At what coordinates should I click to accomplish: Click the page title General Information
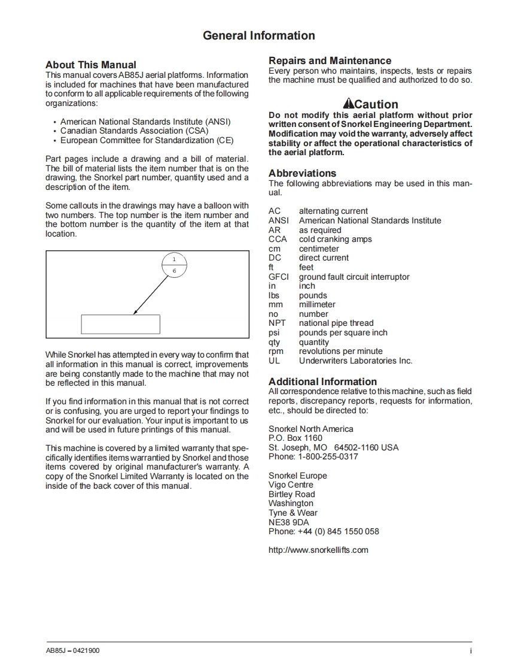pos(258,36)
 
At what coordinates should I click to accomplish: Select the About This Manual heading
pos(91,65)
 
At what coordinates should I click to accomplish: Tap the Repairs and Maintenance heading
pos(330,60)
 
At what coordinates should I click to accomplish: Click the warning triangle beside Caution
pos(348,104)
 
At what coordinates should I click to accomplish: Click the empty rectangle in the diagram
pos(120,324)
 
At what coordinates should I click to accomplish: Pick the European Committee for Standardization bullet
pos(147,140)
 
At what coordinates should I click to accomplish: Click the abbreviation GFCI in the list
pos(278,277)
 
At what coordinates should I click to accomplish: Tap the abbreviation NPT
pos(277,323)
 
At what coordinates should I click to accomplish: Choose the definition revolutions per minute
pos(340,352)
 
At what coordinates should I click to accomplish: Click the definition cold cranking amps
pos(335,240)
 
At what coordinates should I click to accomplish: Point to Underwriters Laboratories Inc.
pos(355,361)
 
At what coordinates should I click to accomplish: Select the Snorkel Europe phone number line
pos(324,531)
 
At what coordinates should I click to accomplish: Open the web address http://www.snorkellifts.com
pos(318,550)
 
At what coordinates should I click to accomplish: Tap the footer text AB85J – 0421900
pos(72,651)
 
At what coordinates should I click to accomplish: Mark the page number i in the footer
pos(471,651)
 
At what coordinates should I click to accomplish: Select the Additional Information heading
pos(322,382)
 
